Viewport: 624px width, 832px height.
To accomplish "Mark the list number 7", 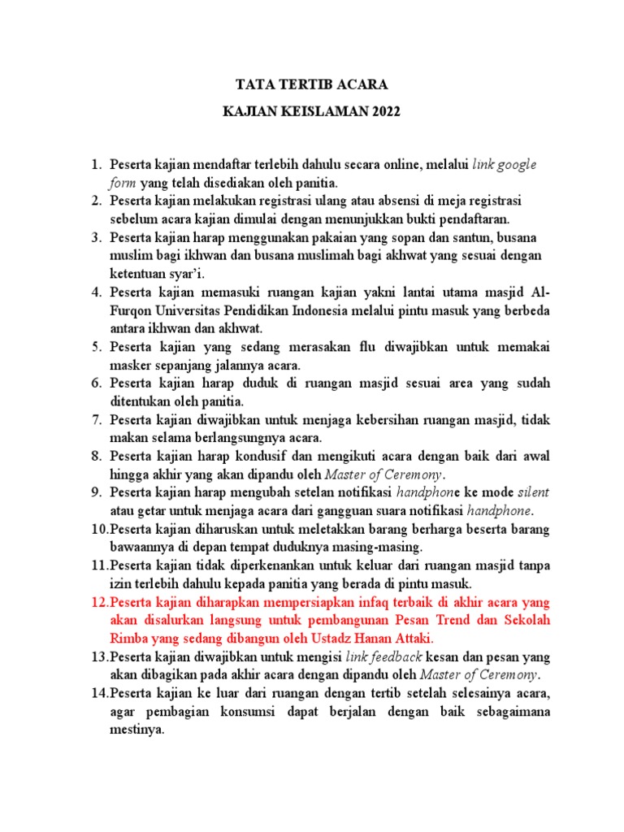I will [96, 420].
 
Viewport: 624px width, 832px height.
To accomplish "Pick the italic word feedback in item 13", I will [397, 657].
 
